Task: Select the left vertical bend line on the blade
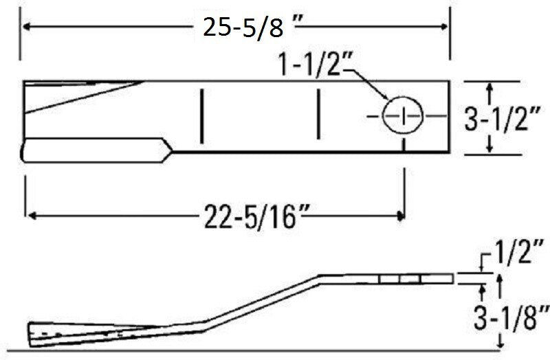[x=201, y=117]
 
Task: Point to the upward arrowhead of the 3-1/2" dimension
[x=489, y=87]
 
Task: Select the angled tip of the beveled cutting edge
[x=169, y=148]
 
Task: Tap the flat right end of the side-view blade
[x=452, y=278]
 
